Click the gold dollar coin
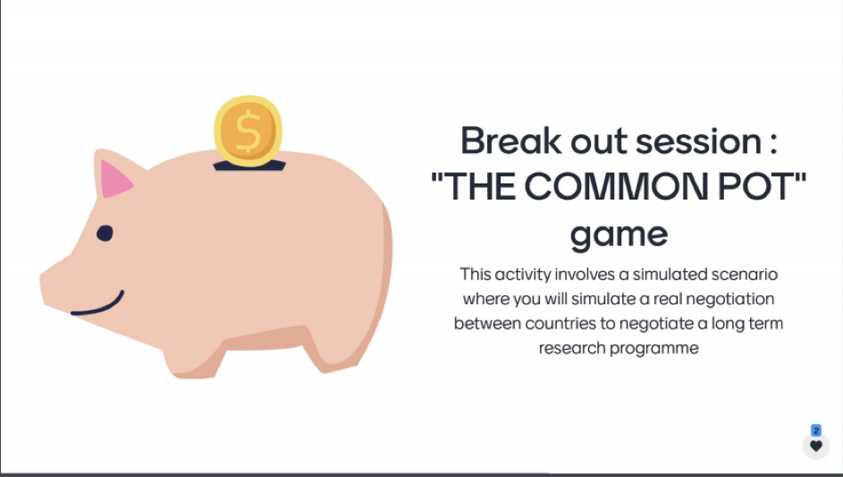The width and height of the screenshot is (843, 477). coord(248,131)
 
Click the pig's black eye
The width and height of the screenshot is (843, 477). coord(105,233)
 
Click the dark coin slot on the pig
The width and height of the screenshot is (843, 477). coord(249,166)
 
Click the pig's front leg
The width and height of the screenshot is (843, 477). coord(195,360)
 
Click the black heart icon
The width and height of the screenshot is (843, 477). coord(816,447)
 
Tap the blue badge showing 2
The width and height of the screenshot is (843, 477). coord(816,430)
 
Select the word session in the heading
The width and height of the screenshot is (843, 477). coord(698,142)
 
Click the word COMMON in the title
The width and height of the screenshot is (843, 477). coord(616,187)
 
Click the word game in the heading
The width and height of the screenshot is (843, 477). coord(619,235)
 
